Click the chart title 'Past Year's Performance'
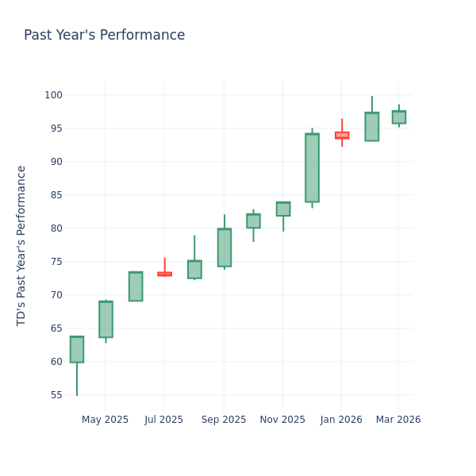coord(104,36)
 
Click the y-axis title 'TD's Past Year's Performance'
coord(22,245)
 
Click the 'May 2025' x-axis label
coord(105,420)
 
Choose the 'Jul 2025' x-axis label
coord(164,420)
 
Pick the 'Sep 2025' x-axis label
coord(224,420)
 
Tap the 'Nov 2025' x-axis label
coord(282,420)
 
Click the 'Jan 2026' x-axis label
coord(341,420)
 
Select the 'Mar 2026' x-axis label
coord(398,420)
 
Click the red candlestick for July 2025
coord(164,274)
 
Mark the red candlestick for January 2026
coord(342,136)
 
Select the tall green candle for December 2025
coord(312,167)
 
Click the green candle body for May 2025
coord(106,319)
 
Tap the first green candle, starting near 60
coord(77,349)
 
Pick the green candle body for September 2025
coord(225,248)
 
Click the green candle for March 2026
coord(399,117)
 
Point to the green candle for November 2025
coord(283,209)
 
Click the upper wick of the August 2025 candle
coord(194,248)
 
